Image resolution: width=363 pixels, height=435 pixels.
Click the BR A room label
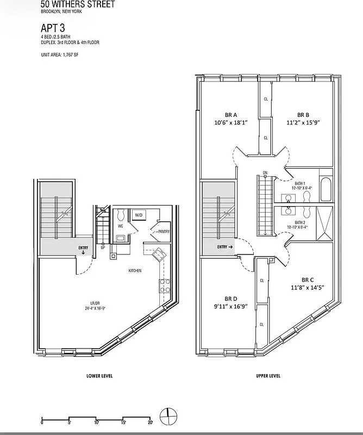231,115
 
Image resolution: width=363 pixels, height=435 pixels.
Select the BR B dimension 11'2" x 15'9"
303,123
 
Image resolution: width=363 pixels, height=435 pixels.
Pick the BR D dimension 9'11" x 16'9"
231,306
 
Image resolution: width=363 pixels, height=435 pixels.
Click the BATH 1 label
300,184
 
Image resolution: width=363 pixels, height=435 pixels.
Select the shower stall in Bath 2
326,222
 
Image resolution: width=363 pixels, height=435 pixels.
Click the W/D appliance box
139,215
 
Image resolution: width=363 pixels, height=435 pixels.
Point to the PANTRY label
164,232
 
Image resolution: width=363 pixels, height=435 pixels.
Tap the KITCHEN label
135,270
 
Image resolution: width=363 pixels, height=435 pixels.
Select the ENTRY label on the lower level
83,248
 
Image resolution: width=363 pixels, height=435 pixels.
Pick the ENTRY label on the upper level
224,247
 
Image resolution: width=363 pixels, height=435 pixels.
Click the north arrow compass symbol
169,416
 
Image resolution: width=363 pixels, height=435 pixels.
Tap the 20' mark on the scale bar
150,422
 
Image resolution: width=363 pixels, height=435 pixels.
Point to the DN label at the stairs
265,173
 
